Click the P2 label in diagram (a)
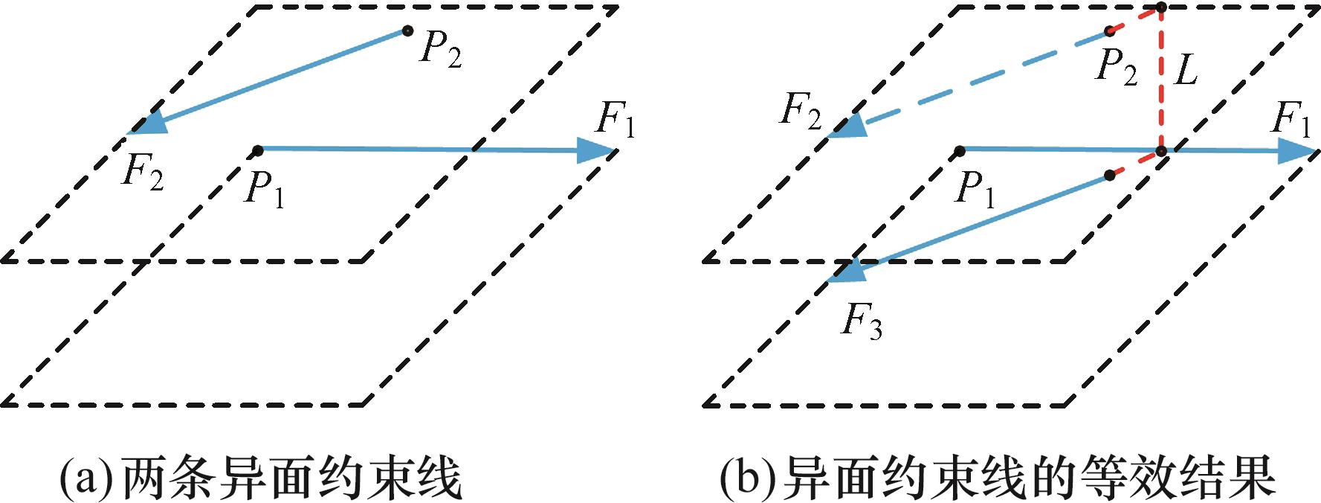click(x=441, y=50)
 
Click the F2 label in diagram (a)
click(x=143, y=173)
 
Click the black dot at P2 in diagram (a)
click(x=407, y=31)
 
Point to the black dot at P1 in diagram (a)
click(x=257, y=150)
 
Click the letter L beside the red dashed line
click(x=1185, y=71)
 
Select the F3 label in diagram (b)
click(x=862, y=321)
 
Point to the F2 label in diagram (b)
click(x=801, y=112)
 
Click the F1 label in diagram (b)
click(x=1291, y=119)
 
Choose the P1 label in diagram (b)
click(x=975, y=188)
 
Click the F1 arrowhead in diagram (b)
click(x=1296, y=151)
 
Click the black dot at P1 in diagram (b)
click(x=960, y=151)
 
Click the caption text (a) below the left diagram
click(x=260, y=478)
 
